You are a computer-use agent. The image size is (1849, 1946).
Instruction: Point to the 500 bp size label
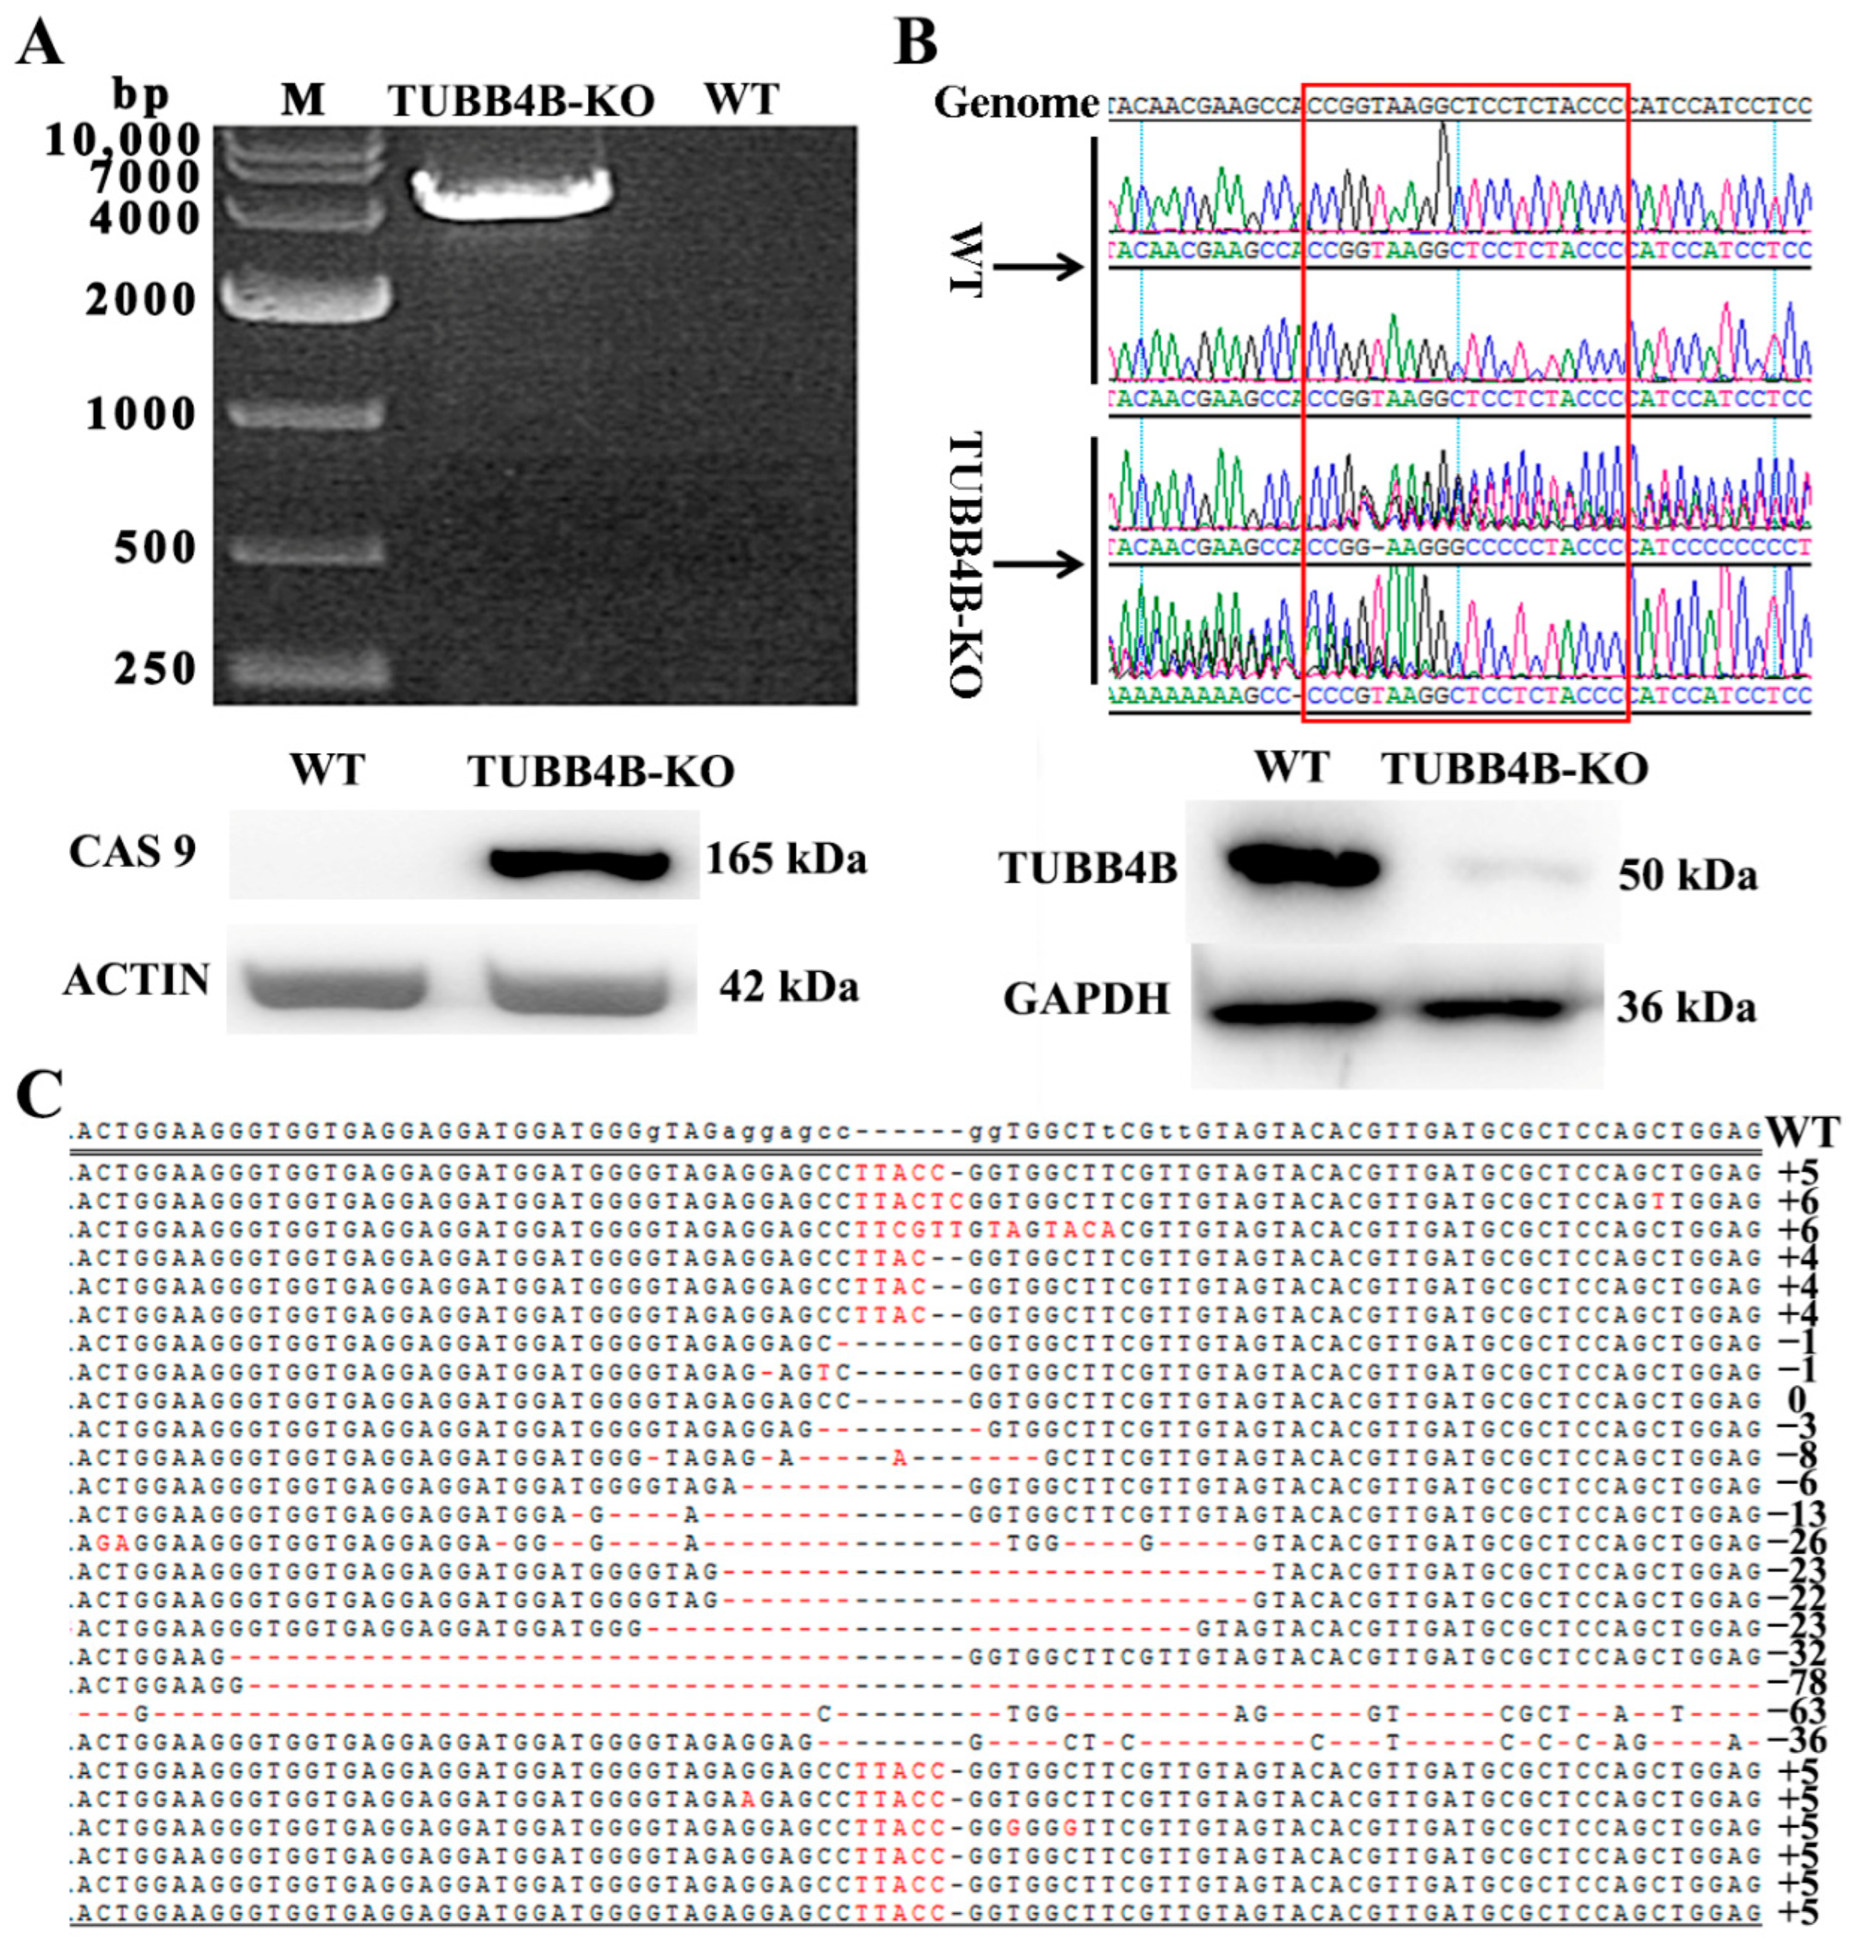pos(155,547)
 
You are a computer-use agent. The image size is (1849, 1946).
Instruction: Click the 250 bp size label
pos(155,669)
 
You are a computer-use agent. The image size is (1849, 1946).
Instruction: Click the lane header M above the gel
pos(302,99)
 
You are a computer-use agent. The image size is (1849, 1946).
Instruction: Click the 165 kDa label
pos(786,859)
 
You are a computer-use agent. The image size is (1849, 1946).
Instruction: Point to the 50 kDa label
pos(1688,874)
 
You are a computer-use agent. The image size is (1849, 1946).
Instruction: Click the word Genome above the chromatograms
pos(1016,103)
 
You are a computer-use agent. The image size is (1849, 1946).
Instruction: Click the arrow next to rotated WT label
pos(1037,266)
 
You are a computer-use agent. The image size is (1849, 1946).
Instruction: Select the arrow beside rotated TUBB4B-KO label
pos(1037,565)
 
